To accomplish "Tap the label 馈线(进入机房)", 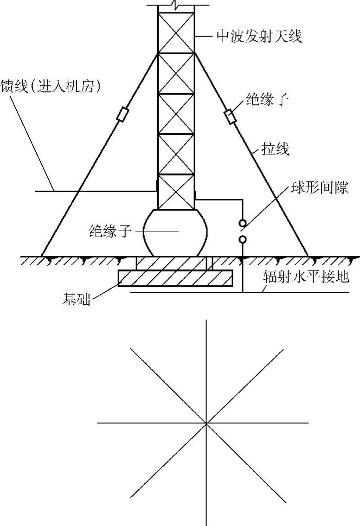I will coord(51,87).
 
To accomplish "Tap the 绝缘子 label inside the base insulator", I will coord(108,231).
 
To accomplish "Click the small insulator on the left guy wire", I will coord(122,115).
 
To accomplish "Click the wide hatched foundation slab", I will coord(175,279).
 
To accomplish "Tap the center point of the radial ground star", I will coord(206,423).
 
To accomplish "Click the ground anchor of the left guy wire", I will coord(42,255).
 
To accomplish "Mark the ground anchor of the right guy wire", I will coord(308,255).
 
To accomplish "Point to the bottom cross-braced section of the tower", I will coord(176,192).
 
